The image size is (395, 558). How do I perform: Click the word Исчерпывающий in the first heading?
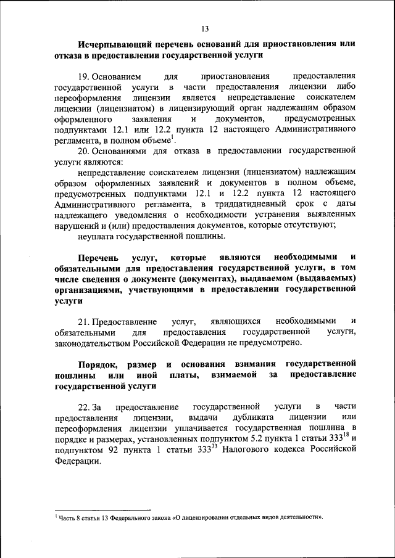click(x=110, y=45)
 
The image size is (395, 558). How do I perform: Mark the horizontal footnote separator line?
click(x=102, y=510)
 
